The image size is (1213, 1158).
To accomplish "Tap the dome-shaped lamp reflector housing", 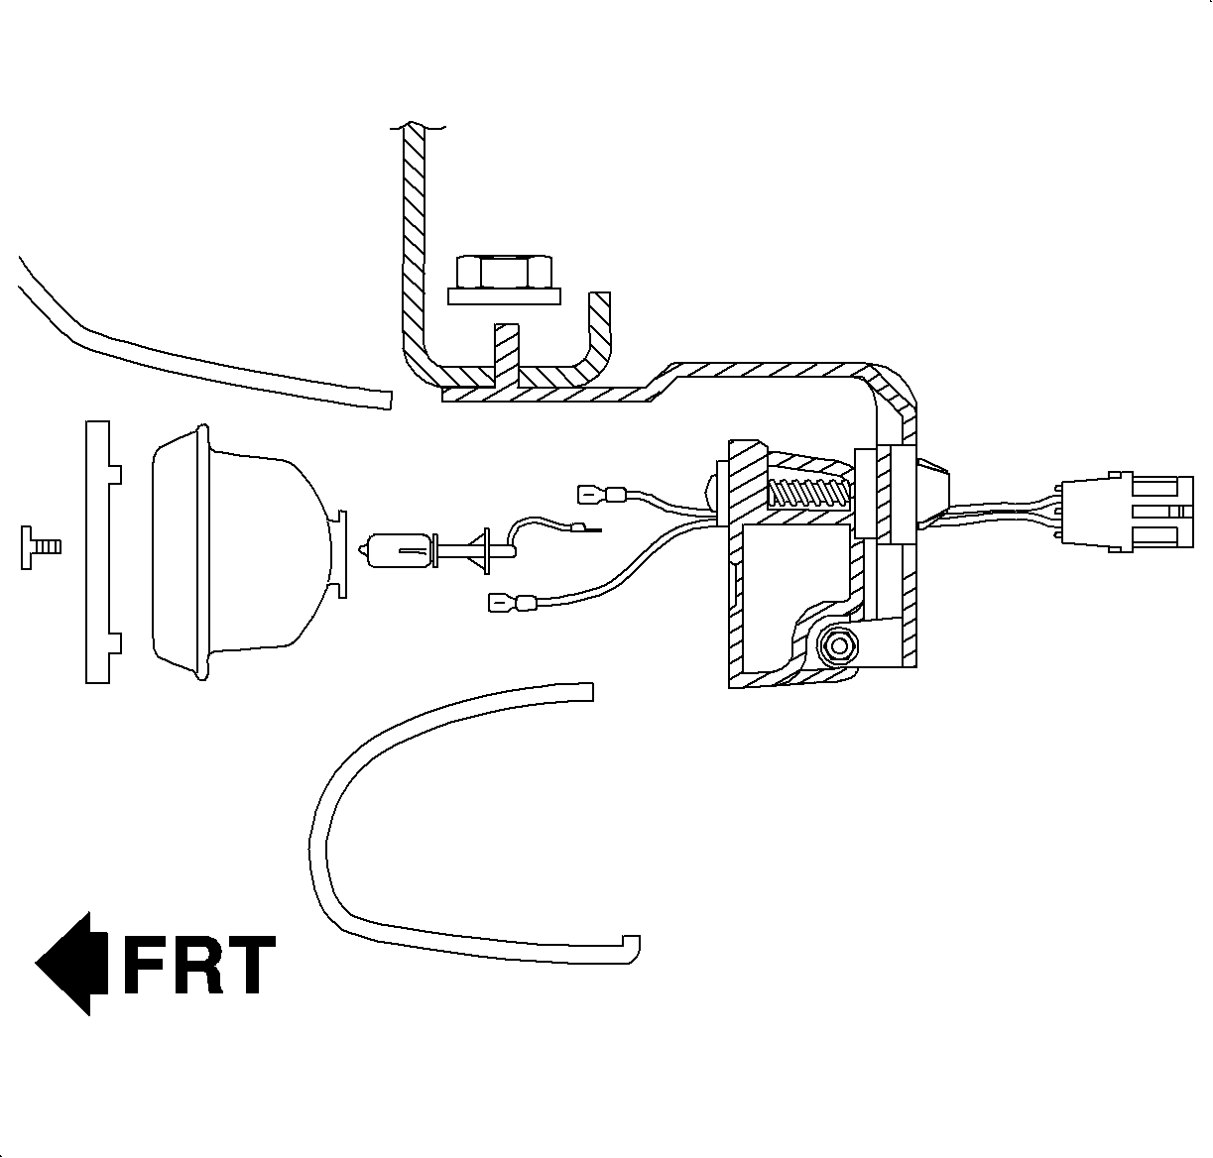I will (238, 551).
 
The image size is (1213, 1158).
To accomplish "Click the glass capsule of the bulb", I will (397, 551).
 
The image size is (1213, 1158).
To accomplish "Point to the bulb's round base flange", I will (486, 551).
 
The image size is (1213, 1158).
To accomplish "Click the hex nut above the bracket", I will (503, 271).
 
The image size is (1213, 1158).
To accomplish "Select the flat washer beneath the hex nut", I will (504, 294).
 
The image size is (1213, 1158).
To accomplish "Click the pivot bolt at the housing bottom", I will (839, 645).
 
